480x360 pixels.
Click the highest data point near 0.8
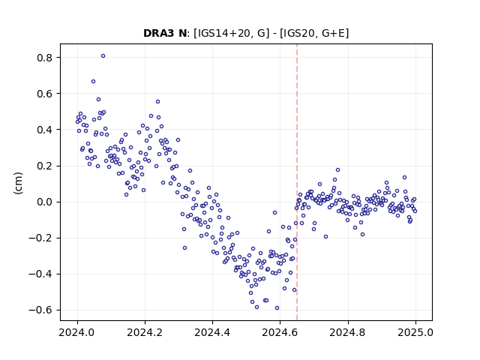103,56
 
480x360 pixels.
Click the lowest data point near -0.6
277,308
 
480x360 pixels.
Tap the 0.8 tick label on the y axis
45,58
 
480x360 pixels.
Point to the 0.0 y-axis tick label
45,202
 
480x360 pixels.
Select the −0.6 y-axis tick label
40,310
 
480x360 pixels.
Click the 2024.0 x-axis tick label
77,332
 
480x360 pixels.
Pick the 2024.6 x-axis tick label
280,332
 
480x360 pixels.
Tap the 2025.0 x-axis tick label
415,332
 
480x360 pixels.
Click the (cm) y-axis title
18,183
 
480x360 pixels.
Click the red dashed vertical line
297,182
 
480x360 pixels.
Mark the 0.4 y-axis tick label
45,130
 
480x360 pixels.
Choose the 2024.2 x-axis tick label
145,332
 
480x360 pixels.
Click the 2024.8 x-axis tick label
348,332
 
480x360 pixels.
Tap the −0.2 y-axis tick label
40,238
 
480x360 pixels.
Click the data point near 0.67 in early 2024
93,82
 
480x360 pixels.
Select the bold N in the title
182,33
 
